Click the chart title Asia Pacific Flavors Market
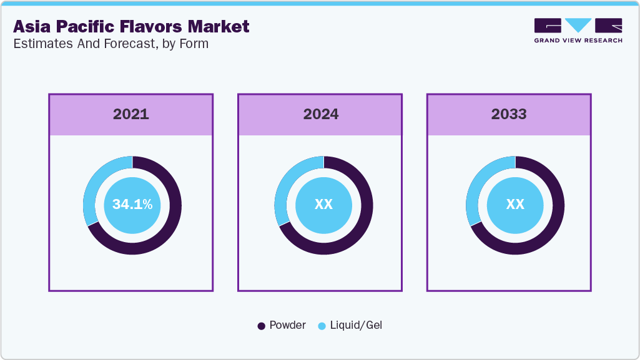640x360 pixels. tap(131, 26)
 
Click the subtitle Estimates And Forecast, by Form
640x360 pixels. tap(111, 44)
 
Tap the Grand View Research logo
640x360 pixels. tap(578, 30)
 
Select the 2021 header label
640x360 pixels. tap(131, 114)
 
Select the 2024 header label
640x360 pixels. tap(320, 114)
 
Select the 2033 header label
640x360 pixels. tap(509, 114)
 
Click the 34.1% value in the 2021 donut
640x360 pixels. tap(132, 205)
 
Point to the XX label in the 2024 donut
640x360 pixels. tap(323, 205)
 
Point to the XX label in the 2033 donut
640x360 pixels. tap(515, 205)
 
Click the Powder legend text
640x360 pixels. tap(287, 325)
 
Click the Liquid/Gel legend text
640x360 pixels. tap(355, 325)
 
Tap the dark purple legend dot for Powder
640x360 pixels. tap(262, 326)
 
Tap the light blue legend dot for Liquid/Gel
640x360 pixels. tap(322, 326)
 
